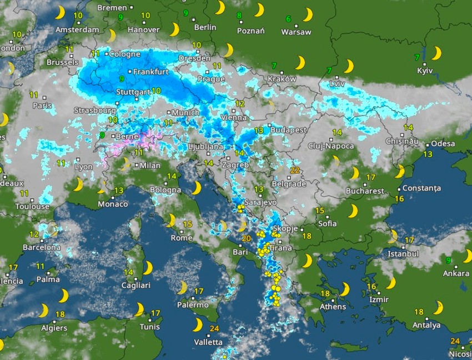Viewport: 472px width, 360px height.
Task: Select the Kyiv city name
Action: click(425, 71)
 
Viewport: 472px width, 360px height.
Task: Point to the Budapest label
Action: click(289, 130)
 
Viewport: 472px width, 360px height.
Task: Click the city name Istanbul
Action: click(403, 253)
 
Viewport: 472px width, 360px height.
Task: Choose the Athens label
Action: click(334, 307)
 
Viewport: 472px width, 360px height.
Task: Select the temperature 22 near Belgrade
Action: click(295, 171)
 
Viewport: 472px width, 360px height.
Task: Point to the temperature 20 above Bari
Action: click(247, 239)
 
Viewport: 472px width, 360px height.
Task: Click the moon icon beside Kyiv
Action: click(437, 53)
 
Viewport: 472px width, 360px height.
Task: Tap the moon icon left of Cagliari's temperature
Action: click(148, 268)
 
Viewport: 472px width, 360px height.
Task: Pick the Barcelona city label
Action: click(42, 247)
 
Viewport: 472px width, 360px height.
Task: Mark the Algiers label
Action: click(54, 328)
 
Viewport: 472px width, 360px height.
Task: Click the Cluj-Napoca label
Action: click(331, 146)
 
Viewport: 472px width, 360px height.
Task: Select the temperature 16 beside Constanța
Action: click(399, 198)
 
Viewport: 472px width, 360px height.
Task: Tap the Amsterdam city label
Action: click(78, 29)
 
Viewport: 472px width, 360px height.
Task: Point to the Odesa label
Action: click(443, 143)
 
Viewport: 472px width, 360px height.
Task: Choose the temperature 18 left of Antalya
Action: click(419, 312)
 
